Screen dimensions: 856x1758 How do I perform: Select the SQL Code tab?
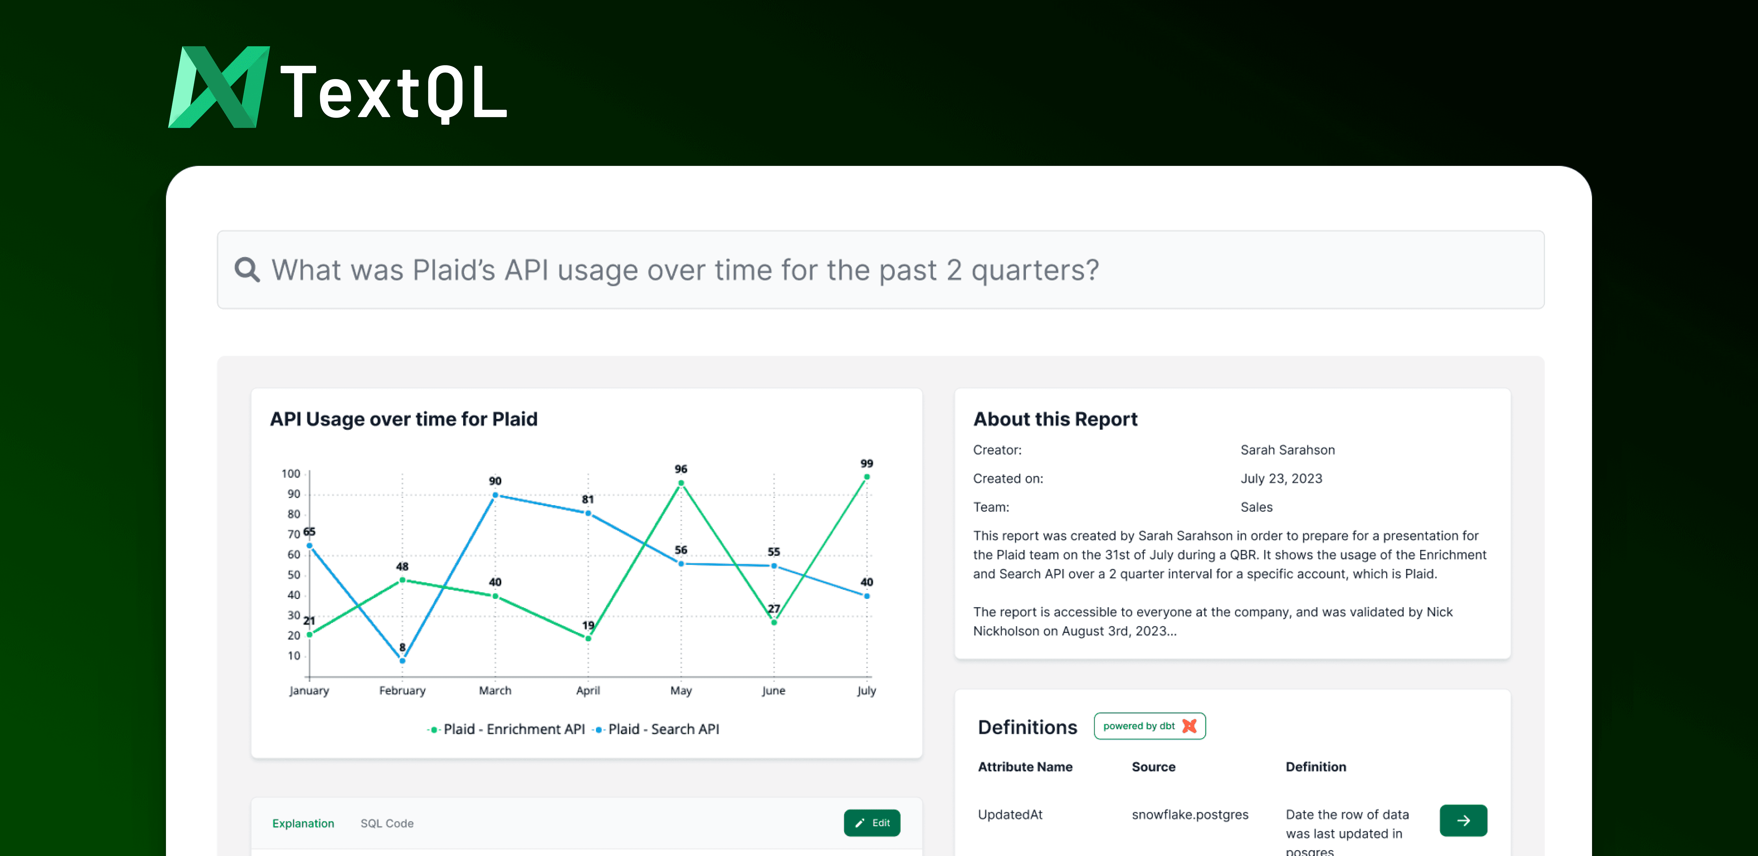point(387,823)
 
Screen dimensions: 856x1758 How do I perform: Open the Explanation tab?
point(303,823)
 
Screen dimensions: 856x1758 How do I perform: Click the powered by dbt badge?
point(1149,726)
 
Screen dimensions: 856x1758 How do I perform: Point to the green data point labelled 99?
point(867,477)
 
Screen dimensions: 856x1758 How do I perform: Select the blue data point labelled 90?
point(495,495)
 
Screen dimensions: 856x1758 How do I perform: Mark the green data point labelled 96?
point(681,483)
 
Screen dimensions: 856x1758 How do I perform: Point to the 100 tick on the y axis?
point(291,473)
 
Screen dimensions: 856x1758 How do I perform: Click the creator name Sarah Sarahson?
point(1287,449)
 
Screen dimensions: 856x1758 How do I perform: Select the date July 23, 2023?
point(1281,478)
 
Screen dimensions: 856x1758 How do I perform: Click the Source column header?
point(1153,767)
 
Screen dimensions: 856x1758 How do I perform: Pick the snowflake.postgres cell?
point(1189,814)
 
